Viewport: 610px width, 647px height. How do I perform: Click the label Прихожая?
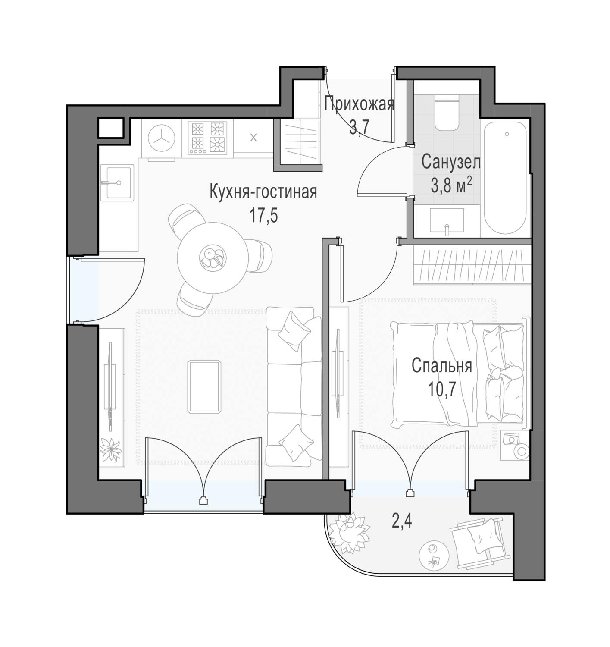[x=359, y=104]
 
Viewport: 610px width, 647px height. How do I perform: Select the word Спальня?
[x=441, y=365]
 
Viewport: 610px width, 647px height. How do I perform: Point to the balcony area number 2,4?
[x=401, y=521]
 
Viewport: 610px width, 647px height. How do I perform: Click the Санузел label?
[x=451, y=162]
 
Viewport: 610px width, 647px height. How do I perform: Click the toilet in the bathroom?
[x=447, y=113]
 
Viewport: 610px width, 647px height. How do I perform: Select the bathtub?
[x=505, y=178]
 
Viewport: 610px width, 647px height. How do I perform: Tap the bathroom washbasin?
[x=447, y=221]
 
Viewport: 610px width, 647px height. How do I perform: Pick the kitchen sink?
[x=117, y=182]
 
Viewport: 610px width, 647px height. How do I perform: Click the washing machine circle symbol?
[x=162, y=138]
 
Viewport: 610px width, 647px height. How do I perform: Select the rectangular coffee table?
[x=204, y=387]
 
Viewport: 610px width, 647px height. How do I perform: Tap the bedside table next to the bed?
[x=515, y=445]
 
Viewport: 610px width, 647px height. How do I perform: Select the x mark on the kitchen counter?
[x=253, y=138]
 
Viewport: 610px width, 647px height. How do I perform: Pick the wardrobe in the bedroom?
[x=472, y=265]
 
